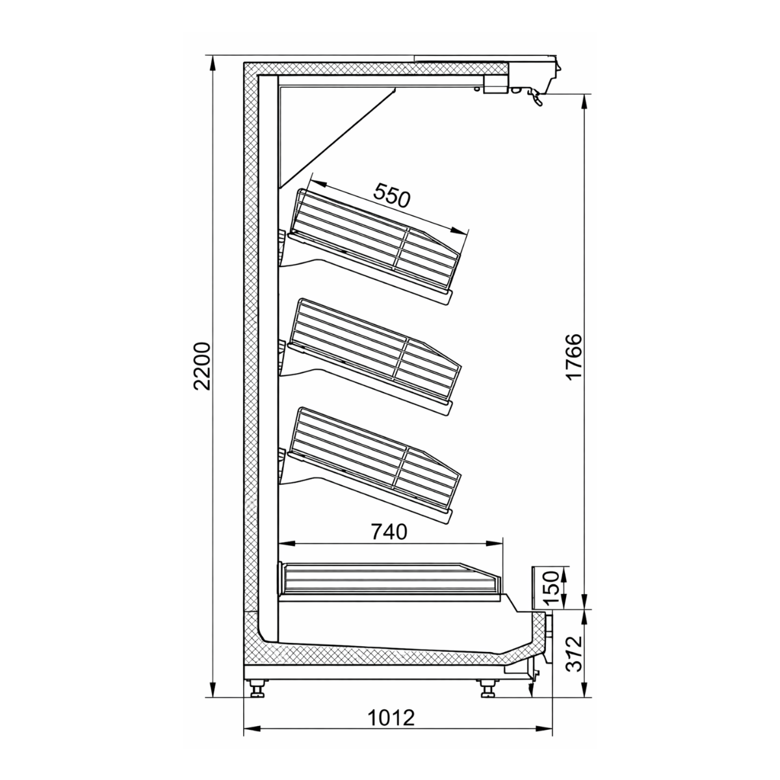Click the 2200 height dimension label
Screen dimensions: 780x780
click(x=203, y=365)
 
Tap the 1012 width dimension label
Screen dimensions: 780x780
click(x=391, y=718)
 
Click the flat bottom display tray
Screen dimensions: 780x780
click(x=390, y=578)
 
